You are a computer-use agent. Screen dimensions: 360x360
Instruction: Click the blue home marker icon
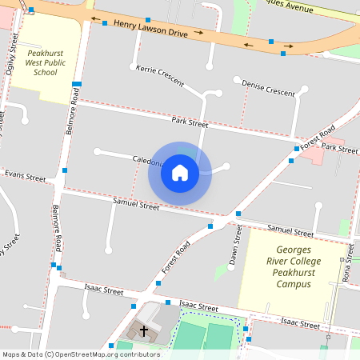click(179, 172)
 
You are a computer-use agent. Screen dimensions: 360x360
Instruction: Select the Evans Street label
click(24, 174)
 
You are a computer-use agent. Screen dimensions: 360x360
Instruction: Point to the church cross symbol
click(144, 330)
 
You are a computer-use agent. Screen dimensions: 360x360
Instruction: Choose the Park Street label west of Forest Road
click(189, 122)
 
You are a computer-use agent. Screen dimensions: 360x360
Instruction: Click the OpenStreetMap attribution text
click(80, 354)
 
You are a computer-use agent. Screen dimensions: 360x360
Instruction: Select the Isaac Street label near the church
click(198, 306)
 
